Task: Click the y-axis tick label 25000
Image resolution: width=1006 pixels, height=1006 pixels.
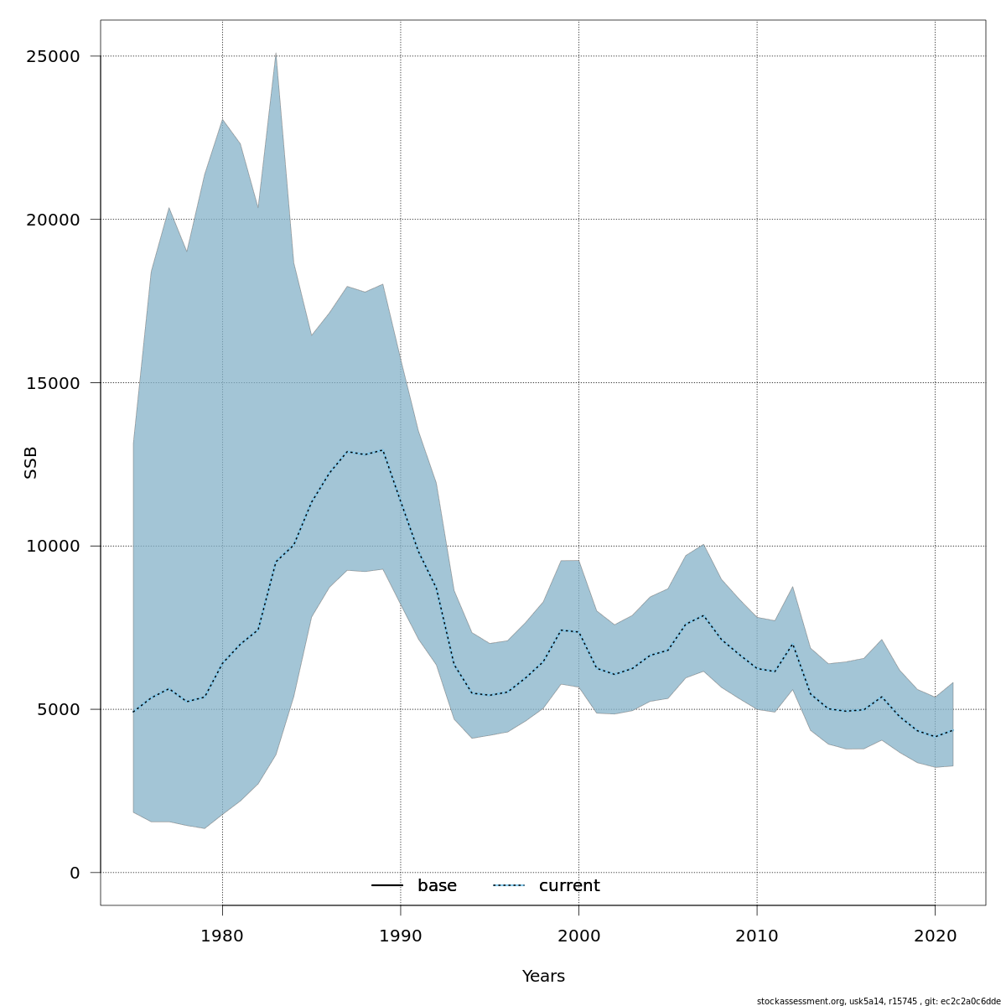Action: (51, 56)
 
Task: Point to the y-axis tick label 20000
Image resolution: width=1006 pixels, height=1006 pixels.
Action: (51, 220)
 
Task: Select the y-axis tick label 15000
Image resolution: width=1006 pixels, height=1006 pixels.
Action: (51, 383)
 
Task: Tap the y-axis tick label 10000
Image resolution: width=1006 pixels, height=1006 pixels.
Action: (51, 546)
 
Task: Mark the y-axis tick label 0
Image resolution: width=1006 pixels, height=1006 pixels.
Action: (75, 873)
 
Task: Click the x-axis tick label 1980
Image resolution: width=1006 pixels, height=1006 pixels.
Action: (222, 936)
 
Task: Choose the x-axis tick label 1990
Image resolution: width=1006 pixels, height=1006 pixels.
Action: (401, 936)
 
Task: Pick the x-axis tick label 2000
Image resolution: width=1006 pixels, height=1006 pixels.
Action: (578, 936)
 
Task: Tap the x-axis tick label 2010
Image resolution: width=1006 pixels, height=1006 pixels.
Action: (757, 936)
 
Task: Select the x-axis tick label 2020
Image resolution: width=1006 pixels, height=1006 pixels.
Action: (935, 936)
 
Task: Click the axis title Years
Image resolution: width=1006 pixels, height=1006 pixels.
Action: (543, 977)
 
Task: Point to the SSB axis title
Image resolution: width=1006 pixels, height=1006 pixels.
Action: (31, 463)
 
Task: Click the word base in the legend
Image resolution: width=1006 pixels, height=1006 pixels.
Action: (437, 886)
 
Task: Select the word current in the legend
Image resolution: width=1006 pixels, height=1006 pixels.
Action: (569, 886)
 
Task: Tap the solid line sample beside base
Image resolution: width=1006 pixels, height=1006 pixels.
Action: (387, 886)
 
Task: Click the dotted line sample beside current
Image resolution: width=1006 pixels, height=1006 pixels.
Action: (508, 886)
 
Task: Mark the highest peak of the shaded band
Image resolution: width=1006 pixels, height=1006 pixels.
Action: (276, 54)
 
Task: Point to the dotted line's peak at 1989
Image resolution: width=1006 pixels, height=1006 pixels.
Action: (382, 450)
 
